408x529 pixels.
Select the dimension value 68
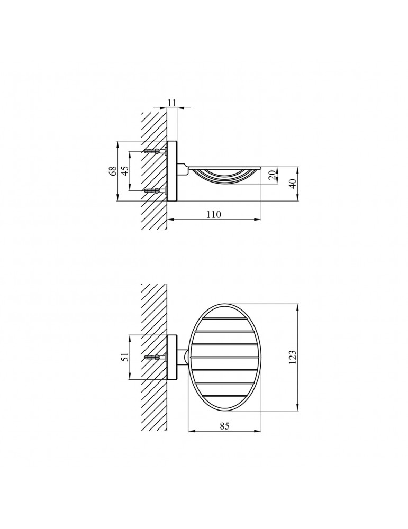pos(113,171)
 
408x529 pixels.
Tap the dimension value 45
pos(125,171)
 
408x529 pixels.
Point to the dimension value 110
pos(214,215)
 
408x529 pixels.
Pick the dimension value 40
pos(293,184)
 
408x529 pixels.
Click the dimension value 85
pos(224,426)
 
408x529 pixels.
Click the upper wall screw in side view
pos(155,151)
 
